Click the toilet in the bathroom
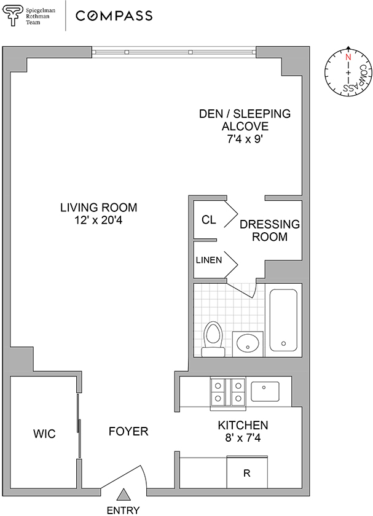click(213, 339)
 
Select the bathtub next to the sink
click(283, 320)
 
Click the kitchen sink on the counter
click(265, 391)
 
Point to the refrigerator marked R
click(247, 472)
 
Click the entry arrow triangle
click(124, 495)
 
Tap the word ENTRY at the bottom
click(123, 510)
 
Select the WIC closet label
click(44, 434)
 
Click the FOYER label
click(128, 431)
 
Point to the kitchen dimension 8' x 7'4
click(243, 438)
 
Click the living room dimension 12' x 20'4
click(98, 220)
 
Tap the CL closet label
click(209, 219)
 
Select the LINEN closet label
click(209, 260)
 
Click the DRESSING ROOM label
click(270, 230)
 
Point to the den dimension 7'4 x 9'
click(245, 139)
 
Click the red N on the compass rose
click(348, 57)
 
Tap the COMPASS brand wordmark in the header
click(114, 16)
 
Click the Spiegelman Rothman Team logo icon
click(13, 15)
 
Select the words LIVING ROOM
click(98, 208)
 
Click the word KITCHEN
click(243, 425)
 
